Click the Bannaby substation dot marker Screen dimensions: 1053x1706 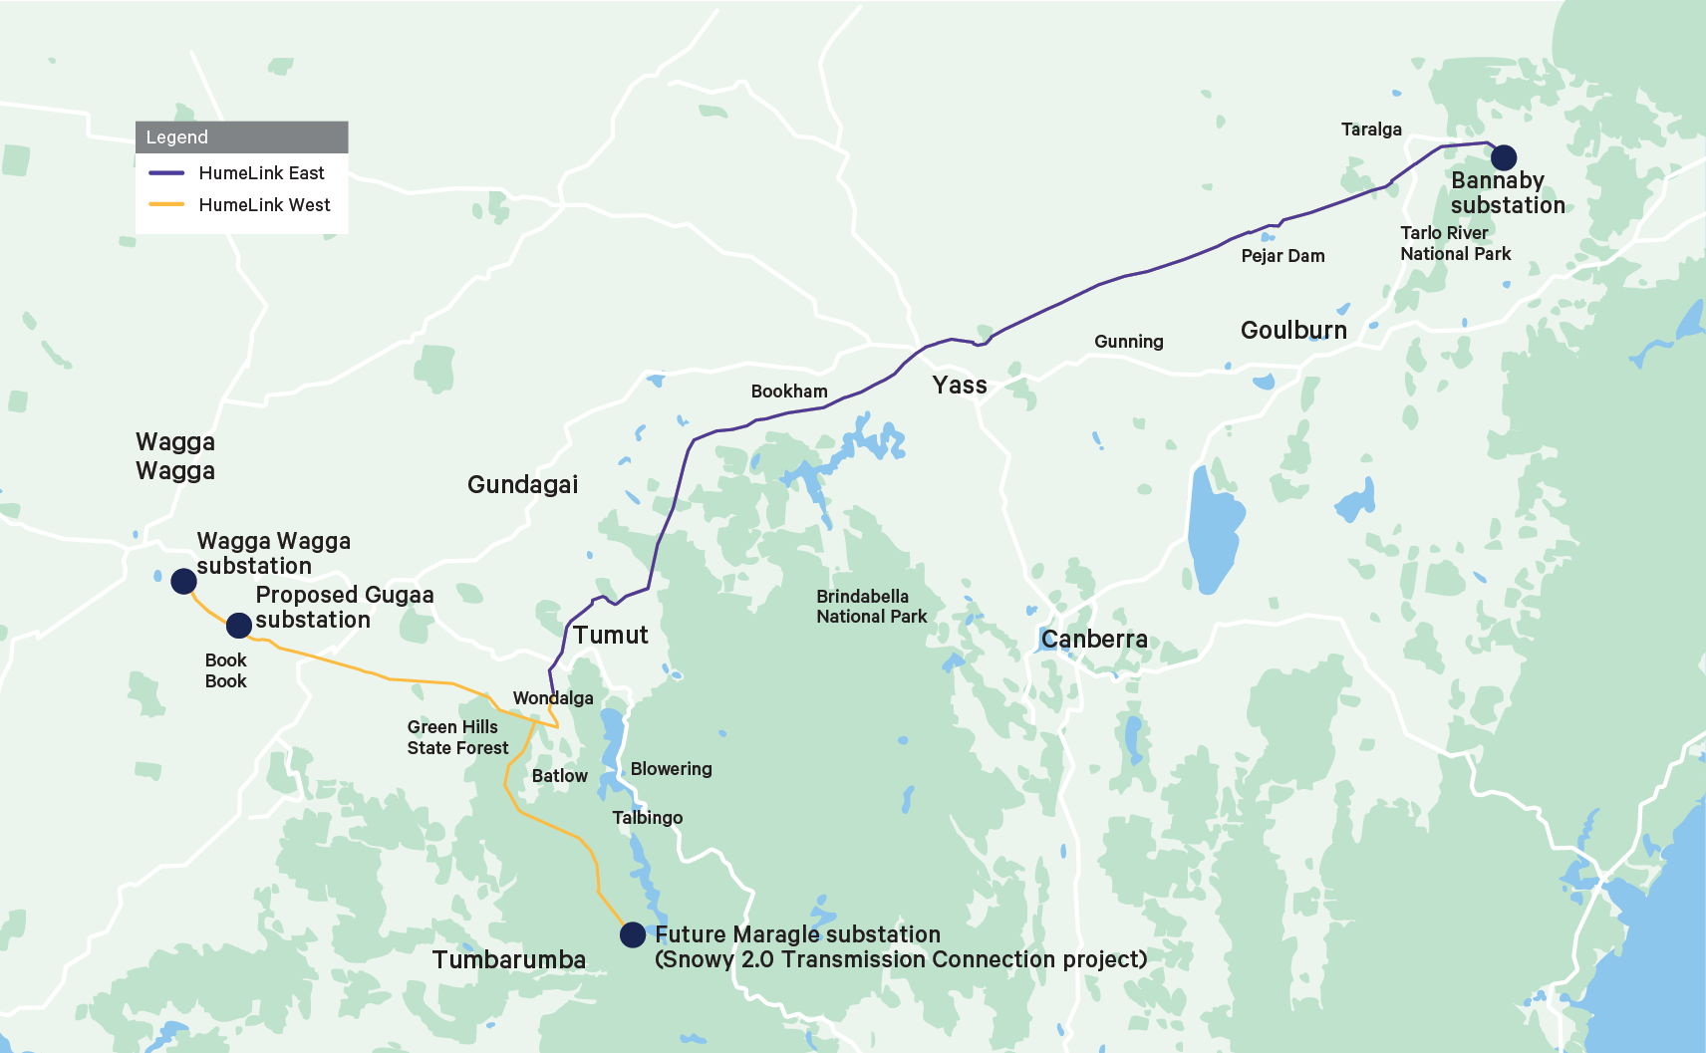1503,157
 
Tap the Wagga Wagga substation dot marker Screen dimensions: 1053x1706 183,581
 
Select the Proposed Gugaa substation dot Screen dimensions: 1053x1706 238,626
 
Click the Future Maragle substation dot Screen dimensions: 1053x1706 633,934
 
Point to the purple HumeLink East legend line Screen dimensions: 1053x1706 166,173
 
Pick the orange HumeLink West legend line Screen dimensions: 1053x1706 166,205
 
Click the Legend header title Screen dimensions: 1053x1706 177,137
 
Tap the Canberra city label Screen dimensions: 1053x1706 1094,640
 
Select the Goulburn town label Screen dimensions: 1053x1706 1293,331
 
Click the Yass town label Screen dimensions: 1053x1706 960,386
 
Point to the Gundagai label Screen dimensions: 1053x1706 522,485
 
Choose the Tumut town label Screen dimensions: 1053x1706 610,636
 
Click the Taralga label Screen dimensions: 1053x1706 1371,130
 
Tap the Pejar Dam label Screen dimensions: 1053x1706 1282,256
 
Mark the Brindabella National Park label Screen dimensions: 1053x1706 871,607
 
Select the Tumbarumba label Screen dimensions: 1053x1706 509,960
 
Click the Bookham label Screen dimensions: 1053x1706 789,392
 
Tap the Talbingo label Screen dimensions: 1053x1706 647,818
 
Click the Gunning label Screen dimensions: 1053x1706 1128,342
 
